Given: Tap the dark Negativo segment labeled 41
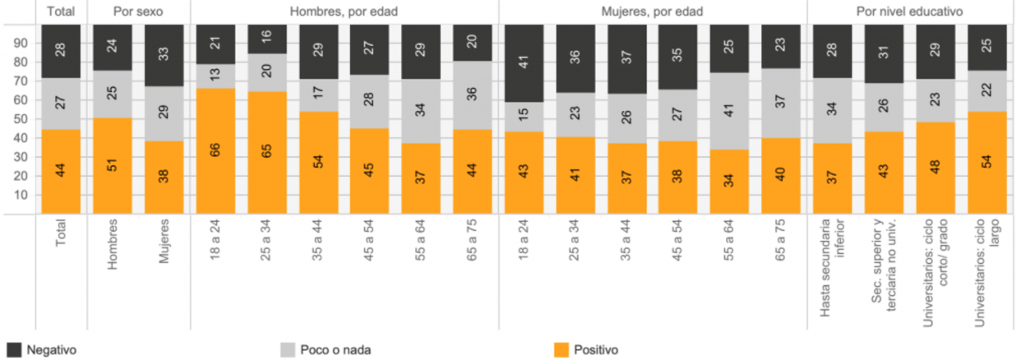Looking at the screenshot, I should (524, 62).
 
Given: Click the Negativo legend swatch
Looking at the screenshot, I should (13, 350).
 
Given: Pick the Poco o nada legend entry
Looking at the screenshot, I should (324, 350).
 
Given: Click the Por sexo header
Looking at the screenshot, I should (137, 12).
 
